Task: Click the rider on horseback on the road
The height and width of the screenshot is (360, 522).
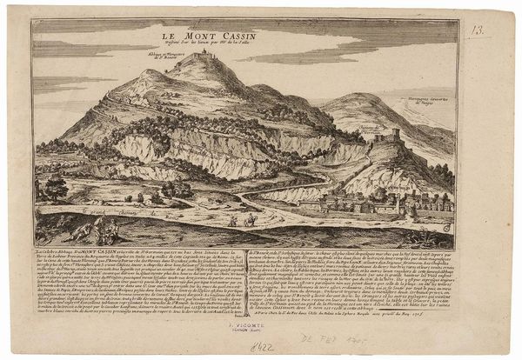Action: tap(248, 221)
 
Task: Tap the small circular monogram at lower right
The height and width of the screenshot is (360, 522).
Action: tap(448, 228)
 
